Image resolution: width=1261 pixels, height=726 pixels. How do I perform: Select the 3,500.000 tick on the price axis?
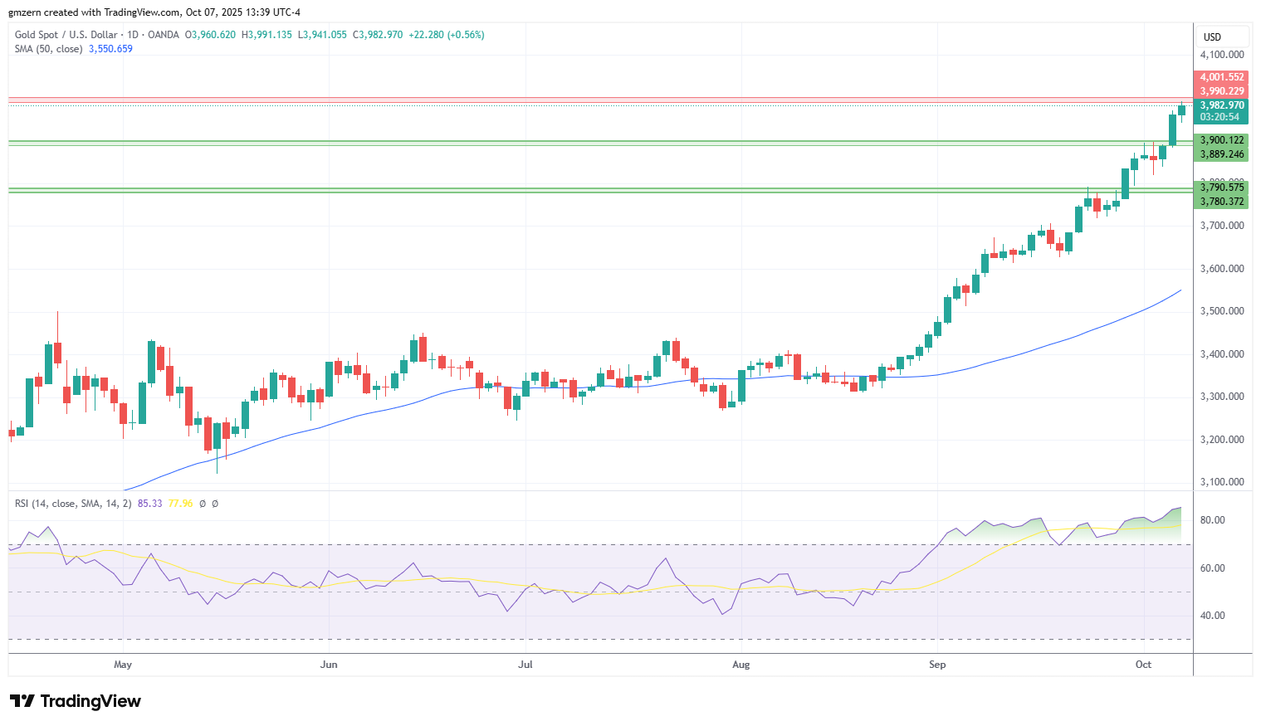tap(1222, 311)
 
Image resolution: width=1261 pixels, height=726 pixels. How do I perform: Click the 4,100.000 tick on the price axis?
tap(1222, 55)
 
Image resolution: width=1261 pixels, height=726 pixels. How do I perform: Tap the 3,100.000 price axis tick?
tap(1222, 482)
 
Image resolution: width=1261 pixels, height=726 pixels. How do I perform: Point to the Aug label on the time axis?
tap(740, 665)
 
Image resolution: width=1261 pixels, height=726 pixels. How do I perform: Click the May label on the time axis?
tap(123, 665)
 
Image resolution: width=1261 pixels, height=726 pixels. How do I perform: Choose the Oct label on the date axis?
tap(1143, 665)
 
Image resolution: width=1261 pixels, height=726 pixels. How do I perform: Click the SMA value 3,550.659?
tap(111, 49)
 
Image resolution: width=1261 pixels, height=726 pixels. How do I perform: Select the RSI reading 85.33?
tap(149, 504)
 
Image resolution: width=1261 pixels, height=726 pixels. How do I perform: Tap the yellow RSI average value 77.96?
tap(180, 504)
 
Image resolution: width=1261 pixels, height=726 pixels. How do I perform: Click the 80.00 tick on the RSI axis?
tap(1213, 520)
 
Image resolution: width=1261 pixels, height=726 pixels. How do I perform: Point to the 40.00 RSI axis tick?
tap(1213, 616)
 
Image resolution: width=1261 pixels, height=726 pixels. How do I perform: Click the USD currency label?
tap(1213, 37)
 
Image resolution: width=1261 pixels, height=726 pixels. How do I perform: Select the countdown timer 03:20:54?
tap(1219, 117)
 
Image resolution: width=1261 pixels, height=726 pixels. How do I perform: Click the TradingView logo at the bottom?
tap(76, 701)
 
